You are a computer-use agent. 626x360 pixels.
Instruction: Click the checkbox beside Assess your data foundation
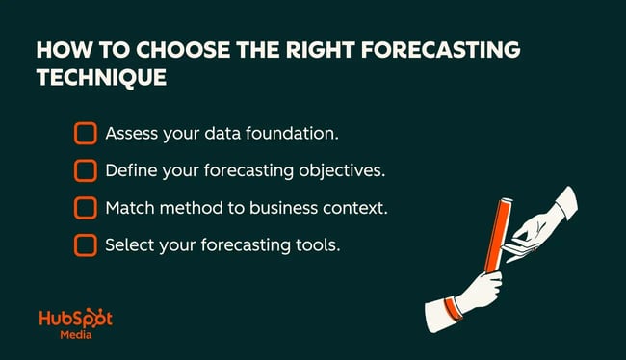[86, 133]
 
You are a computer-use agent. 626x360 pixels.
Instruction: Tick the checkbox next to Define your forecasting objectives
[86, 170]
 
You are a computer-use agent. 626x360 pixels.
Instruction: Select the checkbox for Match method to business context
[86, 208]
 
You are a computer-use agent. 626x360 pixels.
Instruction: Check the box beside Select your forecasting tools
[86, 244]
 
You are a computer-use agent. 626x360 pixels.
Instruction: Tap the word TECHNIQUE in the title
[100, 78]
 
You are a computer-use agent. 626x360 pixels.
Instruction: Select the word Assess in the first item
[130, 133]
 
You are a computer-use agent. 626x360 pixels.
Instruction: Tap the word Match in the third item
[129, 208]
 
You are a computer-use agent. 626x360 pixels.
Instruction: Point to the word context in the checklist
[356, 208]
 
